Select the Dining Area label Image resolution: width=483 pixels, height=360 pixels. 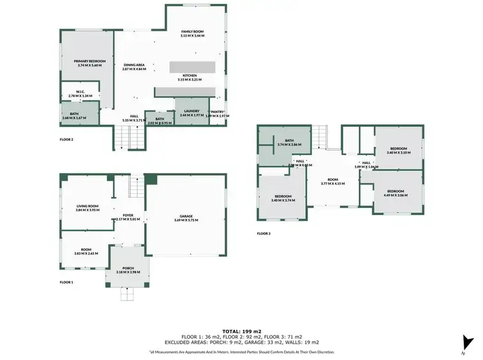click(x=135, y=64)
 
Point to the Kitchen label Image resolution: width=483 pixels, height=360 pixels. click(x=189, y=75)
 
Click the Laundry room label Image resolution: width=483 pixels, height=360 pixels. click(x=193, y=111)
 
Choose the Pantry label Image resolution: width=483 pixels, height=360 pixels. click(x=218, y=111)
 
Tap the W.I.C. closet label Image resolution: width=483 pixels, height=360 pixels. click(x=80, y=91)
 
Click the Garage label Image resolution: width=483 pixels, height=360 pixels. click(x=186, y=216)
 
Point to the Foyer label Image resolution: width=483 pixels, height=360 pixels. click(x=128, y=215)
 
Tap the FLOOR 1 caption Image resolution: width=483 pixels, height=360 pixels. click(x=66, y=282)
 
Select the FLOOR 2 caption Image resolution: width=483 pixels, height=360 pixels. click(x=66, y=139)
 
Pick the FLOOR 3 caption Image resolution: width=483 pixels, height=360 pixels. click(x=263, y=233)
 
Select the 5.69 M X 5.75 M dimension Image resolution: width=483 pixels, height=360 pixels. click(x=186, y=221)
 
